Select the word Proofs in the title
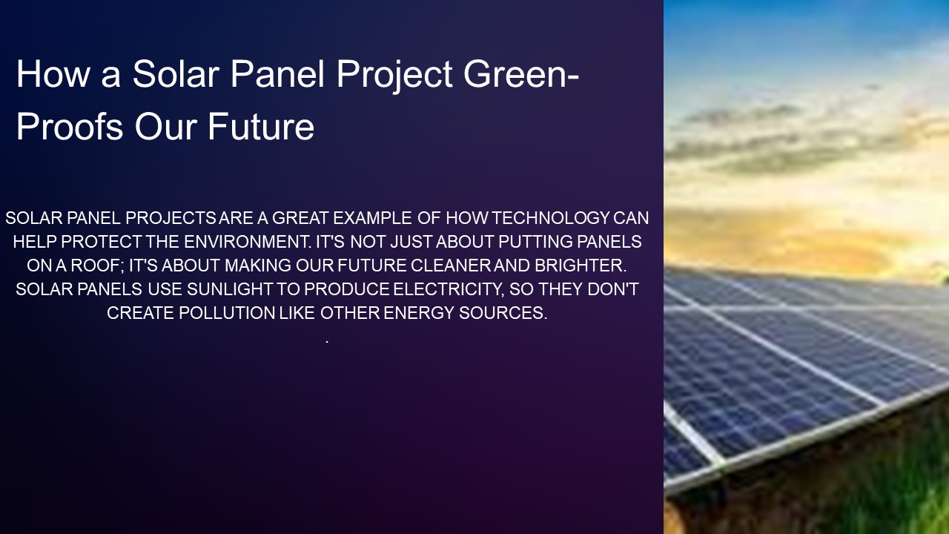pos(70,126)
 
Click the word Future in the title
pos(261,126)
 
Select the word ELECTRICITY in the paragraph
pos(449,289)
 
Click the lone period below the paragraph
pos(327,341)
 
